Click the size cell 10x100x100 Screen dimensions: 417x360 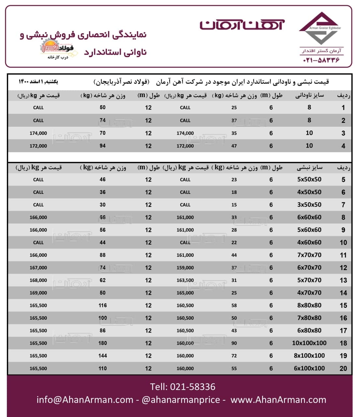[x=309, y=343]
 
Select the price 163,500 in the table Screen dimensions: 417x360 [x=185, y=280]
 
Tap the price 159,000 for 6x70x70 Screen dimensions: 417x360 [x=185, y=268]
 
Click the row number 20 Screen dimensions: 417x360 [x=343, y=368]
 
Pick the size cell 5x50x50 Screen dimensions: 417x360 [x=309, y=180]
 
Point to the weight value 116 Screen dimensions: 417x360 [x=102, y=306]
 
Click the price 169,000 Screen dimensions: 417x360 [x=38, y=293]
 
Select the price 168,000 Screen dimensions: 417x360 [x=38, y=280]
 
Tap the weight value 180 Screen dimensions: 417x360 [x=102, y=343]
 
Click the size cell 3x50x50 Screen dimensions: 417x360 [x=309, y=205]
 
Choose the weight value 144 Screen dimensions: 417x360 [x=102, y=356]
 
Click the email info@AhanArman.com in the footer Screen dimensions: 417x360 [x=85, y=400]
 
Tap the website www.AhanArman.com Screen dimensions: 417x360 [x=278, y=400]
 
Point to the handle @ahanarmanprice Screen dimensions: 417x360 [x=181, y=400]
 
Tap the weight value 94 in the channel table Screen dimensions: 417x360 [x=102, y=146]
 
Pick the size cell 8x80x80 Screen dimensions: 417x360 [x=309, y=306]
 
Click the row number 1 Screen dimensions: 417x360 [x=343, y=108]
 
